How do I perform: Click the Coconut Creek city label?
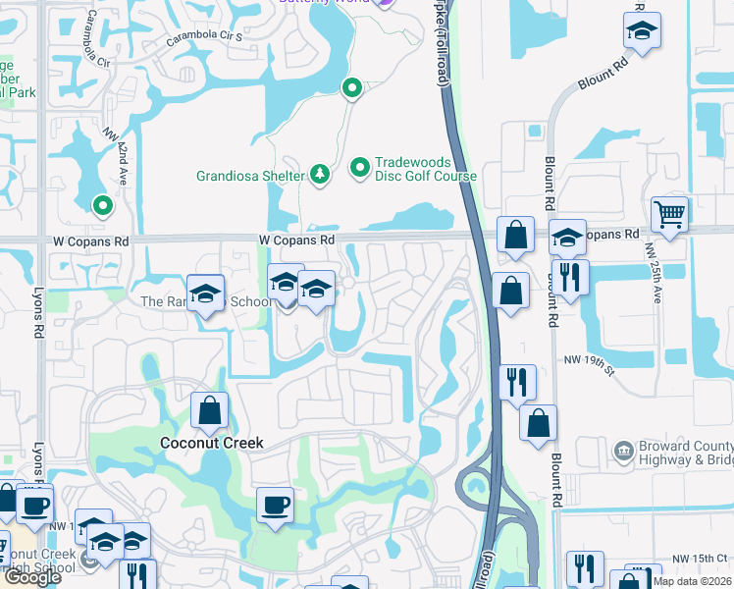[212, 443]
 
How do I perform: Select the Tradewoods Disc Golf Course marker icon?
[359, 169]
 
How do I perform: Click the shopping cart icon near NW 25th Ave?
[669, 212]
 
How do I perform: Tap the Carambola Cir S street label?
[204, 37]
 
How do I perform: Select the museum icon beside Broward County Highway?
[622, 452]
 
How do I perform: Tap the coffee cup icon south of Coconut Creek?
[276, 504]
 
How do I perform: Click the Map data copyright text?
[693, 581]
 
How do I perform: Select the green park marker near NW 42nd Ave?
[102, 205]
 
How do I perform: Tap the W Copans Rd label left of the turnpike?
[297, 240]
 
